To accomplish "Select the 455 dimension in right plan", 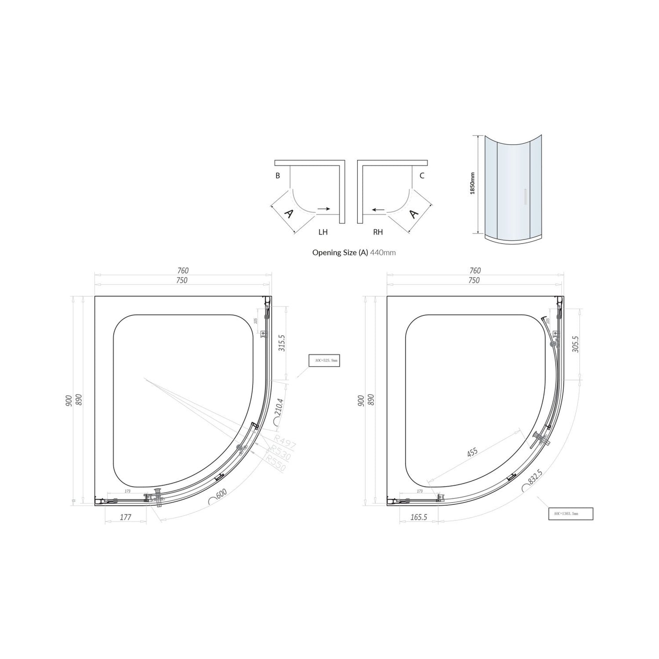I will pyautogui.click(x=472, y=452).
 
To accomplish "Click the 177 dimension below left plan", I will pyautogui.click(x=125, y=517).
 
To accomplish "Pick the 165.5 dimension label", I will pyautogui.click(x=418, y=517).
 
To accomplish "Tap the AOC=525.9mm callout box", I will pyautogui.click(x=324, y=360).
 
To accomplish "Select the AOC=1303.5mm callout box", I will pyautogui.click(x=570, y=514).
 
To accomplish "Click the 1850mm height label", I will pyautogui.click(x=472, y=183).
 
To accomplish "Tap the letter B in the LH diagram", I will pyautogui.click(x=278, y=176).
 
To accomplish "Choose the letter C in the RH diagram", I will pyautogui.click(x=422, y=176).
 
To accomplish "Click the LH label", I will pyautogui.click(x=323, y=232).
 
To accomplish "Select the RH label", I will pyautogui.click(x=378, y=232).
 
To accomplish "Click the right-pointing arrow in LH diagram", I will pyautogui.click(x=324, y=209).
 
